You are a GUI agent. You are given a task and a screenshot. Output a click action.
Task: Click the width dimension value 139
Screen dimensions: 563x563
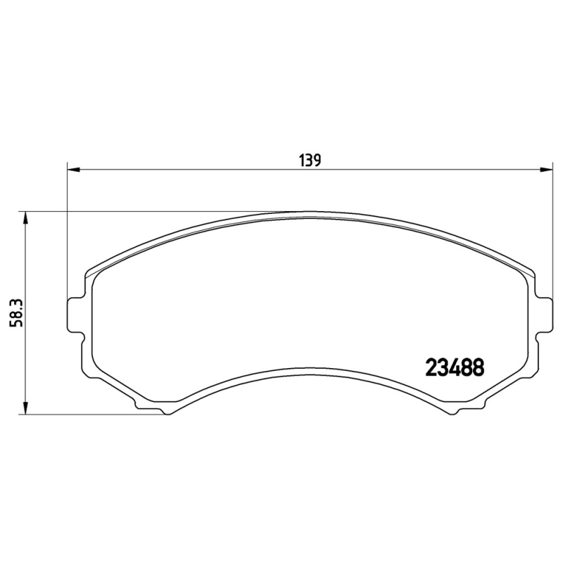[310, 160]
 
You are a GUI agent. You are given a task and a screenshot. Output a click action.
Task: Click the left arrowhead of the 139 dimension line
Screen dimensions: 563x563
[72, 169]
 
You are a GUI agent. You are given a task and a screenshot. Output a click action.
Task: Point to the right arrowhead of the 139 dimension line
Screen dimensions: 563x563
[545, 169]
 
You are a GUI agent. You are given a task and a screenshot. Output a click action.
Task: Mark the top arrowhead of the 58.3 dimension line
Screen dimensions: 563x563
[26, 217]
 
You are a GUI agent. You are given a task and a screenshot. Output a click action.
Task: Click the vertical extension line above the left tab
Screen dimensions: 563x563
[67, 232]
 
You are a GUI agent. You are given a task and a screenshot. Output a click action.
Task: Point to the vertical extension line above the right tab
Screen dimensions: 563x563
[550, 232]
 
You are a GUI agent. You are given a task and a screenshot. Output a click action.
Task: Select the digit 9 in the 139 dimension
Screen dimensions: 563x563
[317, 160]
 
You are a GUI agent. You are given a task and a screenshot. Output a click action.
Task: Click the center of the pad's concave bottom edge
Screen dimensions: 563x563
[310, 364]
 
